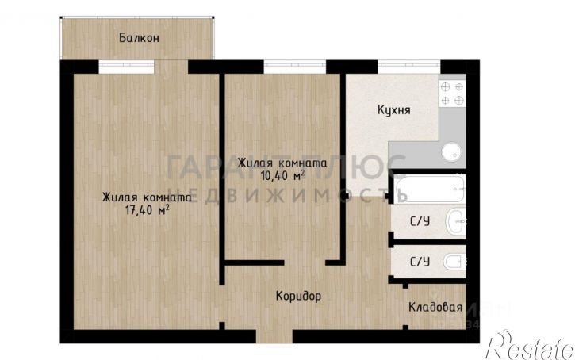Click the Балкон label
(x=140, y=37)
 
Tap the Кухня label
(x=393, y=110)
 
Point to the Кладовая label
(x=435, y=307)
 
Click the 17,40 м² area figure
(x=147, y=210)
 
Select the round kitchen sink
(x=451, y=151)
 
